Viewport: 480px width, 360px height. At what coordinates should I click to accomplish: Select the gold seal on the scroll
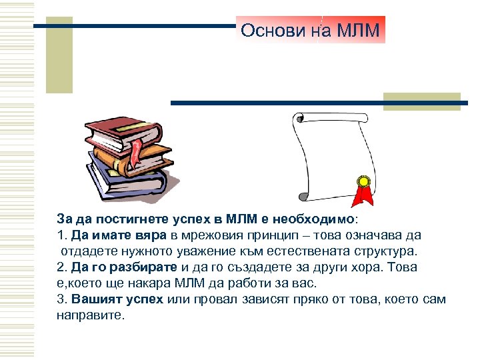364,181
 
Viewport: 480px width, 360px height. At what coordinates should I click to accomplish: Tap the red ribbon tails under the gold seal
364,196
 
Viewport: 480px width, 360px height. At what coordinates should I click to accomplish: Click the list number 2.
60,267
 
